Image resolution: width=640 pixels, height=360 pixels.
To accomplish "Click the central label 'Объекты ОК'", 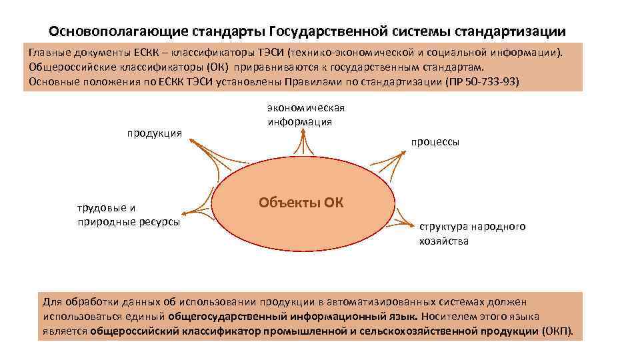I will [301, 202].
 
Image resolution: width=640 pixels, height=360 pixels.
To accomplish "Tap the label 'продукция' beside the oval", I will [155, 133].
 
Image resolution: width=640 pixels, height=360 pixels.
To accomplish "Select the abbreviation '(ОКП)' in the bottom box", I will [557, 331].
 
